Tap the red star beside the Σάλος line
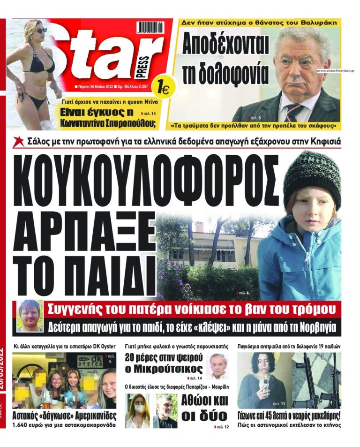click(x=19, y=141)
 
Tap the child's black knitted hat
click(x=311, y=176)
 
